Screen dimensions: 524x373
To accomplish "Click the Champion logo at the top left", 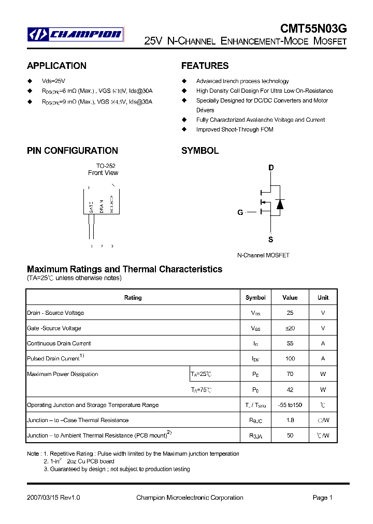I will pos(76,35).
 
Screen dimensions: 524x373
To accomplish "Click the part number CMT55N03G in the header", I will pos(313,30).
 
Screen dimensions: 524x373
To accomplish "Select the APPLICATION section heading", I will pos(56,66).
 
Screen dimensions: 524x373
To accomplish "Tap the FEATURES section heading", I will pos(205,66).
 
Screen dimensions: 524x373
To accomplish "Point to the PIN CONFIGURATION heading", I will pos(73,151).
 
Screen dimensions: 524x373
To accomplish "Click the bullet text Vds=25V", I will pos(53,81).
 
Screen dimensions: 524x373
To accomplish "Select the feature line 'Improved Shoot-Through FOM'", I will pos(235,129).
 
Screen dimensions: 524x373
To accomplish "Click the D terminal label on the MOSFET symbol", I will pos(270,168).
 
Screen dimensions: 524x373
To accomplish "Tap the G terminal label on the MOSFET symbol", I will pos(240,212).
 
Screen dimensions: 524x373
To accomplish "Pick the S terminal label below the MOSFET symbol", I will pos(270,240).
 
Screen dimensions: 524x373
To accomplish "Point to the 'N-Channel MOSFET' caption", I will pos(263,255).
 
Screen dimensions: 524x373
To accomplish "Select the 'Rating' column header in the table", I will pos(133,298).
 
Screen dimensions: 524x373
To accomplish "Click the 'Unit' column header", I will pos(323,298).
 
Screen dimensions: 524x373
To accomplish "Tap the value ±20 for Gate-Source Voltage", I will pos(290,328).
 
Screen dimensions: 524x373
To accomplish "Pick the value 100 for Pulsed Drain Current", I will pos(290,359).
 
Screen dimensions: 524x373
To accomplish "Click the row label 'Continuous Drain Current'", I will pos(59,343).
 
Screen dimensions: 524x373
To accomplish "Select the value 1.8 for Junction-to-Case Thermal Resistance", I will pos(290,420).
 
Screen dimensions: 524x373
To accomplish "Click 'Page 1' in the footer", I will pos(322,498).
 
